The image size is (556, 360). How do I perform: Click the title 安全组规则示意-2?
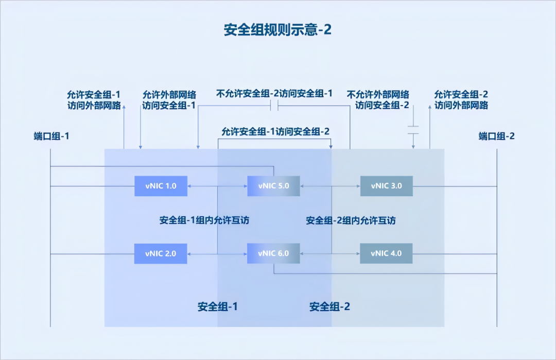(x=277, y=30)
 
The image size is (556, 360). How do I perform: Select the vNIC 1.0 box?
(x=161, y=186)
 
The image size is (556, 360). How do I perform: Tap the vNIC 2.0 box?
(x=161, y=253)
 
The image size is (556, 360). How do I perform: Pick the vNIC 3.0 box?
(x=386, y=186)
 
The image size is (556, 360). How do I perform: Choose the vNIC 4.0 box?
(x=386, y=253)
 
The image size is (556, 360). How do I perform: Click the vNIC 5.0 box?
(x=273, y=186)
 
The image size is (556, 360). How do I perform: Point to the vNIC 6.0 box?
(x=273, y=253)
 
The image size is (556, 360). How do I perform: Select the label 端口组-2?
(x=496, y=136)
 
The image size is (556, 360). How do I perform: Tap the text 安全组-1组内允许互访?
(x=205, y=220)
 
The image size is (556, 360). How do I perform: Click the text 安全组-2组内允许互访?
(x=351, y=220)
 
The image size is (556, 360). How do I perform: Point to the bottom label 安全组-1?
(x=218, y=306)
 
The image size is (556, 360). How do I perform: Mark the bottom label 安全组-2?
(x=329, y=306)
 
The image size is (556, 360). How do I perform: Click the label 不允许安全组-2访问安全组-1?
(x=274, y=94)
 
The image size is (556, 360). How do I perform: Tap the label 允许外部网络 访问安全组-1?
(x=169, y=100)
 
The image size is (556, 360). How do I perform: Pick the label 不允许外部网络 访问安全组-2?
(x=378, y=100)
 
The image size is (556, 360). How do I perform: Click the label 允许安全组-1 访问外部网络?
(x=94, y=100)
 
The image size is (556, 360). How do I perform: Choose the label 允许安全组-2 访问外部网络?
(x=461, y=100)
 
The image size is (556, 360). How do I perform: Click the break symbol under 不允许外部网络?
(x=413, y=130)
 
